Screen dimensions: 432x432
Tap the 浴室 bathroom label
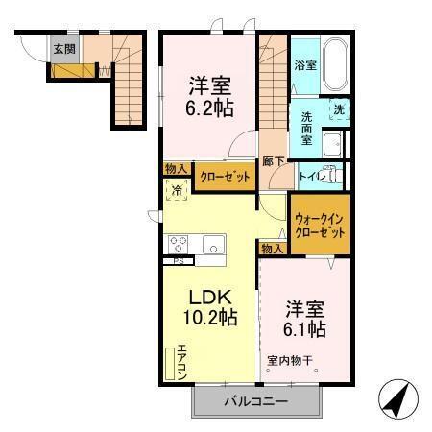tap(305, 65)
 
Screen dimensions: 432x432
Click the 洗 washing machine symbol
tap(339, 110)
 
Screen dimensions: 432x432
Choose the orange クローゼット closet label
tap(226, 177)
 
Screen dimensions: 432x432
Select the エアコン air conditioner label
tap(179, 364)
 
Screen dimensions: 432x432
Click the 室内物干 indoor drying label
tap(292, 361)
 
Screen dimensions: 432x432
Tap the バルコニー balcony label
tap(255, 401)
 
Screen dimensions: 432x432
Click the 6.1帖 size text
tap(304, 330)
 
